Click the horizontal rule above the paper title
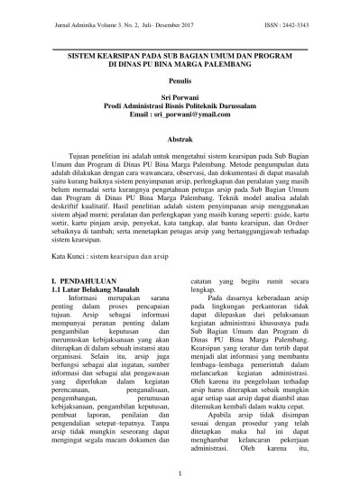click(180, 47)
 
